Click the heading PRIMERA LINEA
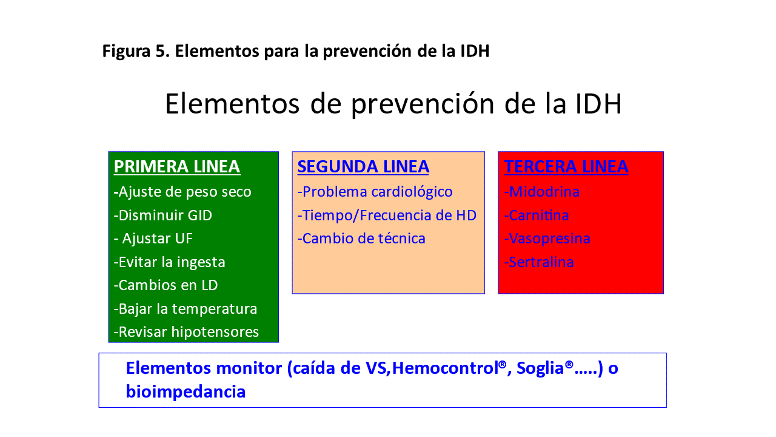tap(176, 167)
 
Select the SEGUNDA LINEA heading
tap(363, 167)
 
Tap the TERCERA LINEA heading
tap(566, 167)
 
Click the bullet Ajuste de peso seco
tap(182, 192)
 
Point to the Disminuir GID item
tap(163, 215)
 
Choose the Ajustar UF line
tap(153, 239)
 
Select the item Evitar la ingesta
tap(169, 262)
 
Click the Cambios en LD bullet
tap(166, 285)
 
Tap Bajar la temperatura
tap(186, 309)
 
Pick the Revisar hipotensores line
tap(186, 332)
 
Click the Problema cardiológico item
tap(375, 192)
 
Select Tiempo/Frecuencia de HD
tap(387, 215)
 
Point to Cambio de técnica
tap(361, 239)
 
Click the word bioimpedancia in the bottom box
tap(186, 392)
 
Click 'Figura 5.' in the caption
tap(136, 52)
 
